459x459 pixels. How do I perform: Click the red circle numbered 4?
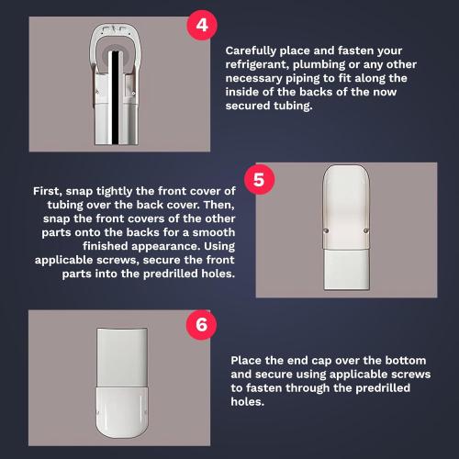pos(202,25)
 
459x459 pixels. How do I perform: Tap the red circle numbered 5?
pos(259,179)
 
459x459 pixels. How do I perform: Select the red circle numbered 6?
pos(201,325)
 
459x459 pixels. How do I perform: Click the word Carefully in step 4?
pos(251,51)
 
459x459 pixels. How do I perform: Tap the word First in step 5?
pos(48,191)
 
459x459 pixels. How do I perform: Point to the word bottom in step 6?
pos(406,361)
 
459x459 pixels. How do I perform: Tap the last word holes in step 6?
pos(248,402)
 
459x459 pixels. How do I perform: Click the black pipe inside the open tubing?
pos(115,97)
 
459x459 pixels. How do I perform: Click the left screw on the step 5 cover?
pos(326,230)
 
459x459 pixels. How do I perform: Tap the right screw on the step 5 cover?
pos(366,230)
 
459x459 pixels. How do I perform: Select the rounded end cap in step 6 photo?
pos(122,412)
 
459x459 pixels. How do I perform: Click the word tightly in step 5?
pos(115,192)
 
